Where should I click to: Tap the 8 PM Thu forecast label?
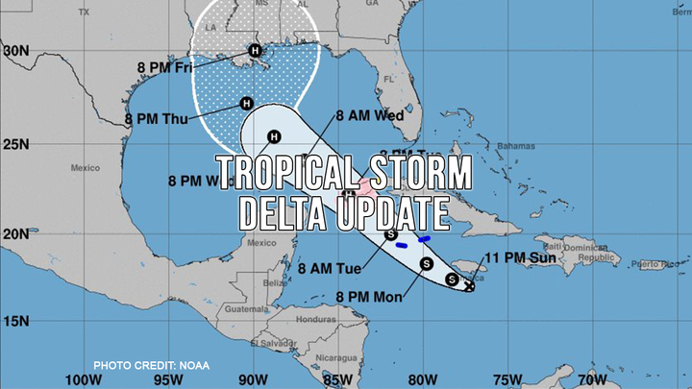pos(159,120)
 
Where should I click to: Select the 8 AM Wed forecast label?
pos(369,115)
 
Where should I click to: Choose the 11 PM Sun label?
pos(519,256)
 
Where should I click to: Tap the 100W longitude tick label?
pos(83,377)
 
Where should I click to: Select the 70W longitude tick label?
pos(593,377)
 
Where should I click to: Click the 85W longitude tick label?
pos(338,377)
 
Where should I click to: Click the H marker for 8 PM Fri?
pos(255,51)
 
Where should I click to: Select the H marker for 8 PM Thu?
pos(246,104)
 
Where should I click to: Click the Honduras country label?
pos(312,319)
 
